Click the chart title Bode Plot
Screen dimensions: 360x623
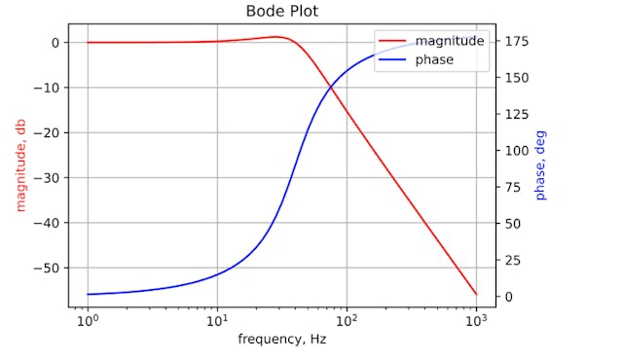[281, 13]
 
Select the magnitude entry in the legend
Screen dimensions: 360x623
[449, 41]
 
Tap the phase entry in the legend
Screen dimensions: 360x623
[433, 59]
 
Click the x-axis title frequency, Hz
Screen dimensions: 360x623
[281, 340]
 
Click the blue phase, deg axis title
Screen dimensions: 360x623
[541, 165]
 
